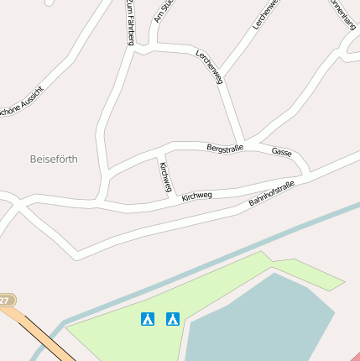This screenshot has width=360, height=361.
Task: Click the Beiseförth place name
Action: pos(53,158)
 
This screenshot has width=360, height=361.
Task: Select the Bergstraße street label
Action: pos(225,148)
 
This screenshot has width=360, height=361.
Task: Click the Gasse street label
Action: pos(282,152)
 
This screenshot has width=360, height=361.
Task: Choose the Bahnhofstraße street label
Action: pos(271,194)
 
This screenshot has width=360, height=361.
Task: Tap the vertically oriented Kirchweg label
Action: pos(164,177)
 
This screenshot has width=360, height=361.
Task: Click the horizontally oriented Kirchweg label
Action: pos(196,196)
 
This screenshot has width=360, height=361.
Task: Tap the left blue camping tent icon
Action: pos(148,318)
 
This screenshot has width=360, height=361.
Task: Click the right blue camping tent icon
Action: pos(173,318)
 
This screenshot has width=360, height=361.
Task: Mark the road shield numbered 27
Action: pos(6,300)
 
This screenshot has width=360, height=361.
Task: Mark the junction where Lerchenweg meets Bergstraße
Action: pos(242,142)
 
